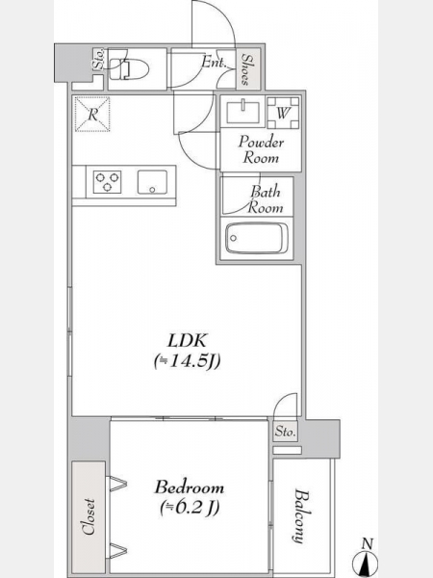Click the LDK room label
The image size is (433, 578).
pos(187,341)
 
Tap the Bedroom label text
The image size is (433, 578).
pos(190,486)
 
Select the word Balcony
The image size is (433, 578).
pos(301,515)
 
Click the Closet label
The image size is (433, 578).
pos(89,516)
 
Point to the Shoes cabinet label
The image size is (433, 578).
pos(246,69)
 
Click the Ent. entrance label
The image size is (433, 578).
pos(214,62)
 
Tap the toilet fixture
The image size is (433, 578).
pos(129,69)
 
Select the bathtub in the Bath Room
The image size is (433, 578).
pos(257,238)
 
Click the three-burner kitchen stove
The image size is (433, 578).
pos(107,182)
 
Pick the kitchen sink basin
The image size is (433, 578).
pos(152,182)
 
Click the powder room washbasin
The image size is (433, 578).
pos(243,111)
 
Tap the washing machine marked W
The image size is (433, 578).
pos(283,113)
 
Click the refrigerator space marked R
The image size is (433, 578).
pos(92,115)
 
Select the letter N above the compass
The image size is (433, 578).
pos(368,543)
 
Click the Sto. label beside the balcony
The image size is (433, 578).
pos(286,431)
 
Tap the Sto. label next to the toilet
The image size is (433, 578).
pos(99,60)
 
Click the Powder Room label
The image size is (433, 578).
pos(261,150)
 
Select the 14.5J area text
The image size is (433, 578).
pos(187,361)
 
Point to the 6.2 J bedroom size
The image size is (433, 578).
pos(190,508)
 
